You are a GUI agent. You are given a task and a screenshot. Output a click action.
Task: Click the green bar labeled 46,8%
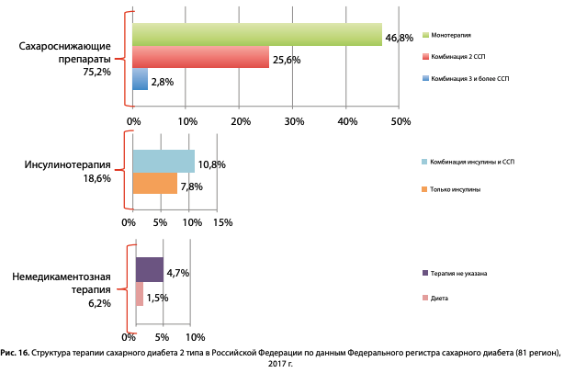pyautogui.click(x=257, y=34)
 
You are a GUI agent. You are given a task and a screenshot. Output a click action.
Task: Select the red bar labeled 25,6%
pyautogui.click(x=201, y=57)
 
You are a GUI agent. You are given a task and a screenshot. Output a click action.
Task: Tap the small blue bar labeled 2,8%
pyautogui.click(x=141, y=80)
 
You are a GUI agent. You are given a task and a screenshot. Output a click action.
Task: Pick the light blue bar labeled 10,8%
pyautogui.click(x=164, y=161)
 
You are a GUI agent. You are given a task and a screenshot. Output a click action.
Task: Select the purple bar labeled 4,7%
pyautogui.click(x=150, y=269)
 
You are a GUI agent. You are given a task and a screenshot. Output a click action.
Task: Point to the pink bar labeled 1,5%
pyautogui.click(x=140, y=294)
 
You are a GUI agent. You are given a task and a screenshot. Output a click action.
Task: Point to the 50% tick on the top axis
pyautogui.click(x=400, y=121)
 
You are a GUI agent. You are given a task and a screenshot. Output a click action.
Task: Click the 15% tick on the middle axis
pyautogui.click(x=222, y=222)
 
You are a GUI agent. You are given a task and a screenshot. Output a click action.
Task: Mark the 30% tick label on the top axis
pyautogui.click(x=294, y=121)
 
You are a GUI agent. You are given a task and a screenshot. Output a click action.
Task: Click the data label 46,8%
pyautogui.click(x=399, y=39)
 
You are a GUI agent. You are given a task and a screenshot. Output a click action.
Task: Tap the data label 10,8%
pyautogui.click(x=211, y=164)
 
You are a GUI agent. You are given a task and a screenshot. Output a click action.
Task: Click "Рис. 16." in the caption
pyautogui.click(x=16, y=352)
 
